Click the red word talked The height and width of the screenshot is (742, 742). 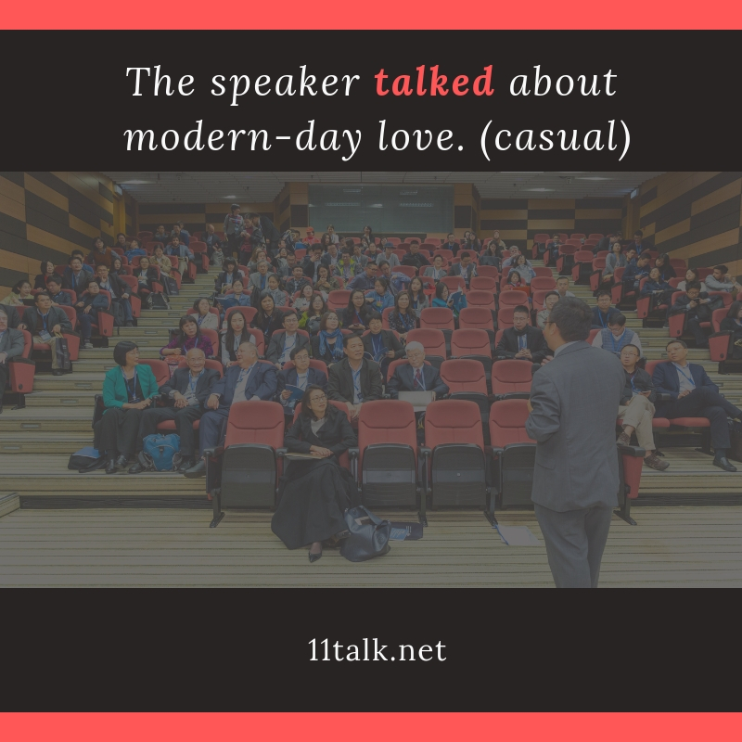click(x=434, y=82)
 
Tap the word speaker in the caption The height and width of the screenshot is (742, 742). click(x=285, y=85)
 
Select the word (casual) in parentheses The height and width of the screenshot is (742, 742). click(x=556, y=138)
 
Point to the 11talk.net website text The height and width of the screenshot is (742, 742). click(x=377, y=650)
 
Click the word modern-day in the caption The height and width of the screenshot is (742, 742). click(x=243, y=138)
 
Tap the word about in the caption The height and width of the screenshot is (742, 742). click(x=563, y=82)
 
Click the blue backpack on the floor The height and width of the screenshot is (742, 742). click(x=161, y=452)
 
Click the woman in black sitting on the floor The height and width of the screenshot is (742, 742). click(x=313, y=473)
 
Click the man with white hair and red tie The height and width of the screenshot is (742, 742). click(x=416, y=374)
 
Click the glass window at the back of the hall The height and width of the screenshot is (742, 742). click(x=380, y=207)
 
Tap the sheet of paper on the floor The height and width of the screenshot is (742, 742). click(x=517, y=535)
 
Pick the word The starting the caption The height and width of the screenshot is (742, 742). click(x=160, y=82)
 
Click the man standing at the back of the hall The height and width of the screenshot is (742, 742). click(x=234, y=227)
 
